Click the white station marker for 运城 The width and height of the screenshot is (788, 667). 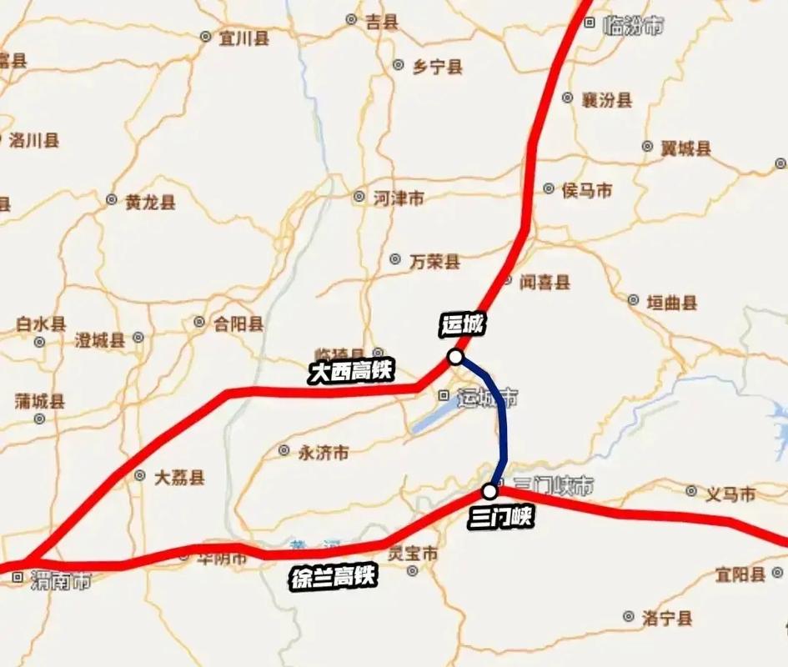[x=455, y=357]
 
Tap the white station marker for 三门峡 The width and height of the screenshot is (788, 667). [x=489, y=490]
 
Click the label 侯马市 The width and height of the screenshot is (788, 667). [x=587, y=191]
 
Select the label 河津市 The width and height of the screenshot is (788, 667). [x=398, y=198]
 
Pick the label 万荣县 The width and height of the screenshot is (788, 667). [x=434, y=262]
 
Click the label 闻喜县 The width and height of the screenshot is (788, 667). [x=545, y=282]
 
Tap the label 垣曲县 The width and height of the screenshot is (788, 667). [x=672, y=303]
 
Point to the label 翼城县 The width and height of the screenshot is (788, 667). [x=685, y=148]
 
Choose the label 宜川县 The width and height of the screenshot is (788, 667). [x=243, y=38]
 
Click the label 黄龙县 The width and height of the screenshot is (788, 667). [x=150, y=202]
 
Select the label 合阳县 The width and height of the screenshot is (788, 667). [x=238, y=323]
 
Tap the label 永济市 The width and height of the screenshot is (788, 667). [x=324, y=453]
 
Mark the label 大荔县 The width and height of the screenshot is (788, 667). [x=179, y=478]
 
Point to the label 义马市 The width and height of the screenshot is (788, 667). [x=730, y=494]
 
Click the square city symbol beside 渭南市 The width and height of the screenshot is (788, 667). [x=17, y=575]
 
